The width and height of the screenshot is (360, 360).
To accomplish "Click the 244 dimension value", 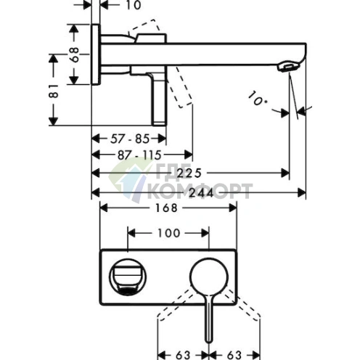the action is pyautogui.click(x=201, y=193).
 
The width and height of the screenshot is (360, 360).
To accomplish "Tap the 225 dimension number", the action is pyautogui.click(x=189, y=173).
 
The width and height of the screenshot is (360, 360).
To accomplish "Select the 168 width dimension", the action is pyautogui.click(x=166, y=208).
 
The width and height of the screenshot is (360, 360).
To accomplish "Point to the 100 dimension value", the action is pyautogui.click(x=168, y=233).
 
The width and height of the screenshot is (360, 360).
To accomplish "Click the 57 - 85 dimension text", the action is pyautogui.click(x=130, y=139).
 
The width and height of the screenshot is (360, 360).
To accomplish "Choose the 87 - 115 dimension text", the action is pyautogui.click(x=139, y=155).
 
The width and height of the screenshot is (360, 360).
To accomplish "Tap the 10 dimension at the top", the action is pyautogui.click(x=134, y=5).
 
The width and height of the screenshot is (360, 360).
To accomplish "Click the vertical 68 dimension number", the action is pyautogui.click(x=75, y=54).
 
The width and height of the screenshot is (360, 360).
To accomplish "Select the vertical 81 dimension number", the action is pyautogui.click(x=54, y=91).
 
